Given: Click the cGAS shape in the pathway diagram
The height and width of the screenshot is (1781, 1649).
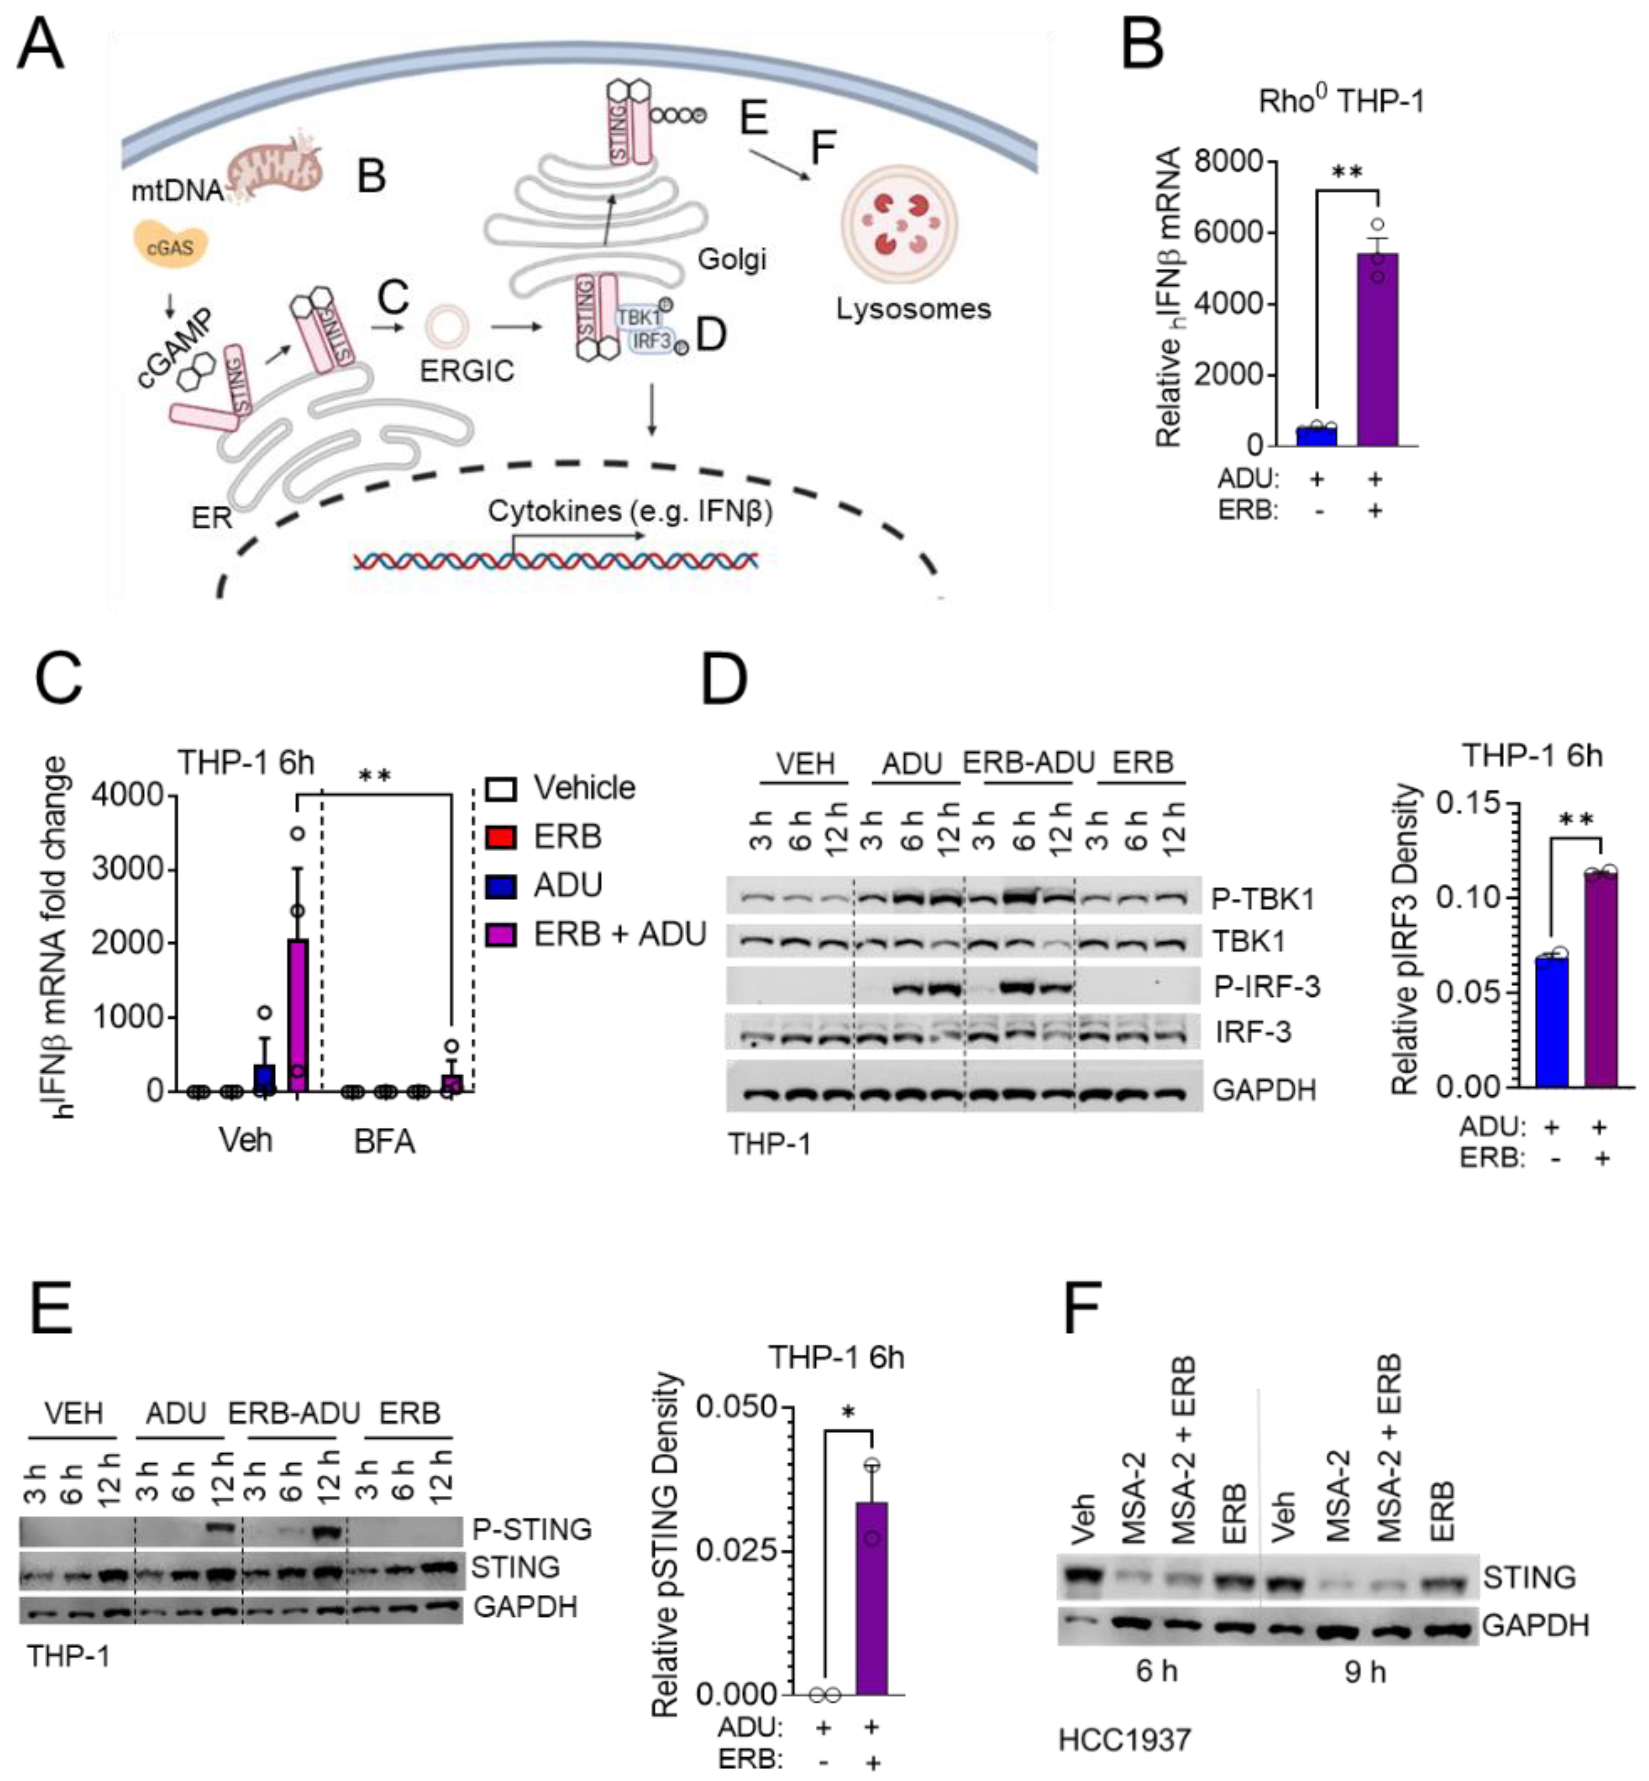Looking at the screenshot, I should click(170, 245).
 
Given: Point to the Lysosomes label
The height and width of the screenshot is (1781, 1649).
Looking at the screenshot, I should click(913, 309).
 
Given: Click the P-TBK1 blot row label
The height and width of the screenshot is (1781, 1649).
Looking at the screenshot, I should click(1263, 899).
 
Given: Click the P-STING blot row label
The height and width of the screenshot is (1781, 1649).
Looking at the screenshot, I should click(532, 1529).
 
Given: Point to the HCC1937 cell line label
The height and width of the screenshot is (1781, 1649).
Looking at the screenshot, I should click(1124, 1739).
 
